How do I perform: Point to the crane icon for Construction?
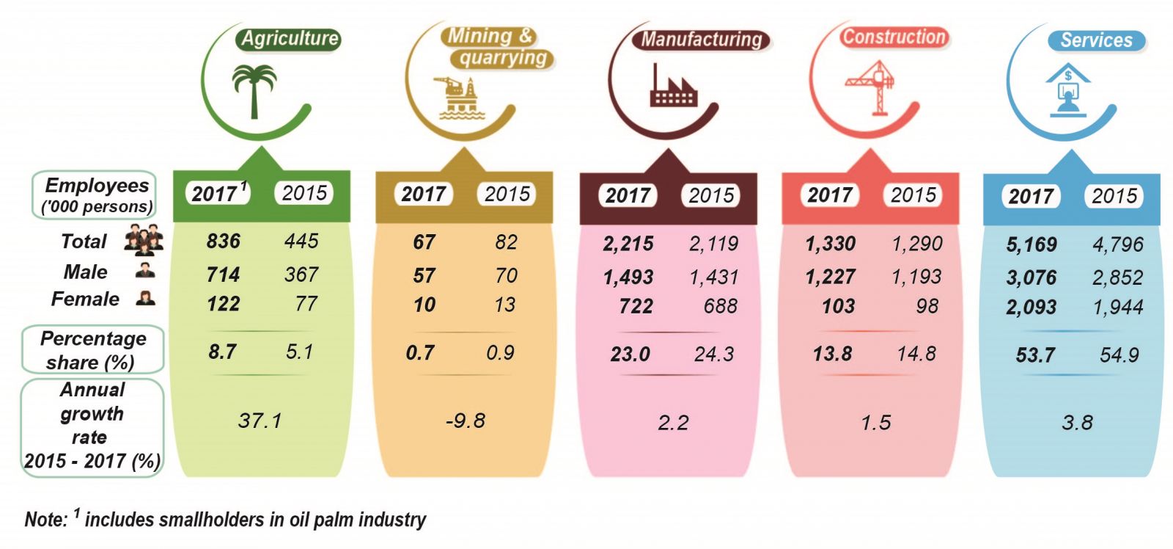[872, 87]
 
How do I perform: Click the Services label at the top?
[1096, 40]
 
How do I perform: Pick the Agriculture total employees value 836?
[224, 241]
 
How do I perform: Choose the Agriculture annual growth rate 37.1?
[260, 421]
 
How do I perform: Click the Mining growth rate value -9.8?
[465, 421]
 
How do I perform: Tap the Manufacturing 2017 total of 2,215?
[628, 244]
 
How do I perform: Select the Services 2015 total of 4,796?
[1117, 244]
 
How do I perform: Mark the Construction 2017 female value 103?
[838, 306]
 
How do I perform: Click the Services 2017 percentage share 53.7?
[1035, 355]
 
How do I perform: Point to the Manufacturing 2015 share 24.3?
[713, 355]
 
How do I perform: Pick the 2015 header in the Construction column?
[913, 194]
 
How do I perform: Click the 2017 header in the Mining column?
[424, 194]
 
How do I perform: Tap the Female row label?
[85, 299]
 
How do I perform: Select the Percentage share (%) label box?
[92, 350]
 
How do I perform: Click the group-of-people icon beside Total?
[143, 239]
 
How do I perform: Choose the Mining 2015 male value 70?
[506, 275]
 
